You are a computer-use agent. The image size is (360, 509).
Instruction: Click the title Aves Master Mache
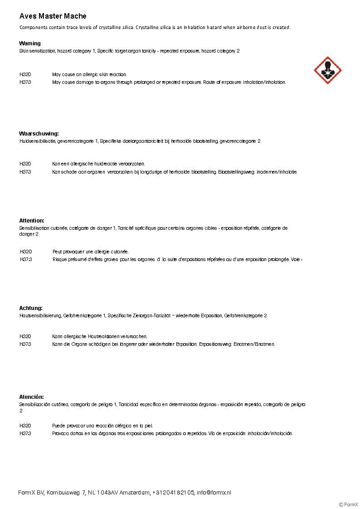click(53, 16)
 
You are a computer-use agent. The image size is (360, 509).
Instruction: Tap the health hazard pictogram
click(327, 70)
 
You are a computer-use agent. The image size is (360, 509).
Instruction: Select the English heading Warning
click(30, 44)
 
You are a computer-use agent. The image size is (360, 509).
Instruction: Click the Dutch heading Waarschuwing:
click(39, 134)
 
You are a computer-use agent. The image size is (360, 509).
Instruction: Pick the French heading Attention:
click(32, 221)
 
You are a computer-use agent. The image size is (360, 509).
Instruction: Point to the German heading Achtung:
click(31, 308)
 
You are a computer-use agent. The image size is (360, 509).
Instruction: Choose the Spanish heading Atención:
click(31, 397)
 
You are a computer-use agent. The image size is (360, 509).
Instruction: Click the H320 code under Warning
click(25, 74)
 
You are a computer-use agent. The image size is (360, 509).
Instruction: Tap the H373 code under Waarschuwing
click(25, 172)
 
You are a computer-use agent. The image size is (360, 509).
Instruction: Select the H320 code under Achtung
click(25, 336)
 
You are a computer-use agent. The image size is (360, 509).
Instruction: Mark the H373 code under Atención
click(25, 433)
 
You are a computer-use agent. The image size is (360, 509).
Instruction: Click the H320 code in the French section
click(26, 252)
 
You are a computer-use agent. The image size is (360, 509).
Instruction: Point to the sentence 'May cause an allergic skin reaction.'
click(89, 74)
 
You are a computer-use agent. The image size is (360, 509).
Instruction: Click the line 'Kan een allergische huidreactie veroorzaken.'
click(98, 164)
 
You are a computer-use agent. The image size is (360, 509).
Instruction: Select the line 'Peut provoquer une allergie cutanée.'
click(91, 252)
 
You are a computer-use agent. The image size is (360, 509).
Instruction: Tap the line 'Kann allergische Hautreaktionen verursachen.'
click(100, 336)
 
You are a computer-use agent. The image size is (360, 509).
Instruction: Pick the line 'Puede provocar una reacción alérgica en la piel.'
click(102, 426)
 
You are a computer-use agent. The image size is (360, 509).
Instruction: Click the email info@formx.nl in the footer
click(214, 493)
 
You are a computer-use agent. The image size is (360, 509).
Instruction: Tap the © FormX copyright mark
click(348, 504)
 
